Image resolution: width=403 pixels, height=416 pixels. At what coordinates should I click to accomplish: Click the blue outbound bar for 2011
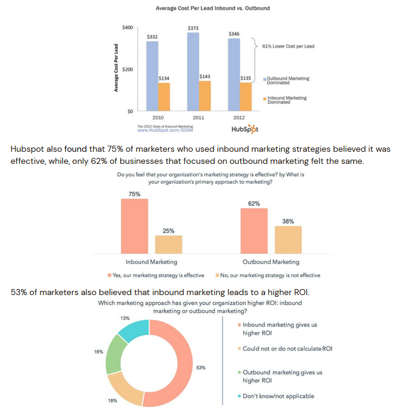[193, 72]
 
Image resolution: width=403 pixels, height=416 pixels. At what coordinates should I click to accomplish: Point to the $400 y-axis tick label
[127, 28]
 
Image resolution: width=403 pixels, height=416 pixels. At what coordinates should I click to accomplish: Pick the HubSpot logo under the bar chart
[245, 129]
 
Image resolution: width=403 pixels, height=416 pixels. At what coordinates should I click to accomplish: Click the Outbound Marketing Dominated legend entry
[288, 80]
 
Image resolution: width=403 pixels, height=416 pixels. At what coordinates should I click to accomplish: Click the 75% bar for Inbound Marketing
[134, 226]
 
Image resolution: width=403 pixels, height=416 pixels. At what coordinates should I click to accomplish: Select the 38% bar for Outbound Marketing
[288, 239]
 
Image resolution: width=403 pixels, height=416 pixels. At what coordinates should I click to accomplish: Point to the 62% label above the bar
[254, 203]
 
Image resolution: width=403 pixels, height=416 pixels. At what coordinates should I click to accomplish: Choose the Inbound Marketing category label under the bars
[151, 262]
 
